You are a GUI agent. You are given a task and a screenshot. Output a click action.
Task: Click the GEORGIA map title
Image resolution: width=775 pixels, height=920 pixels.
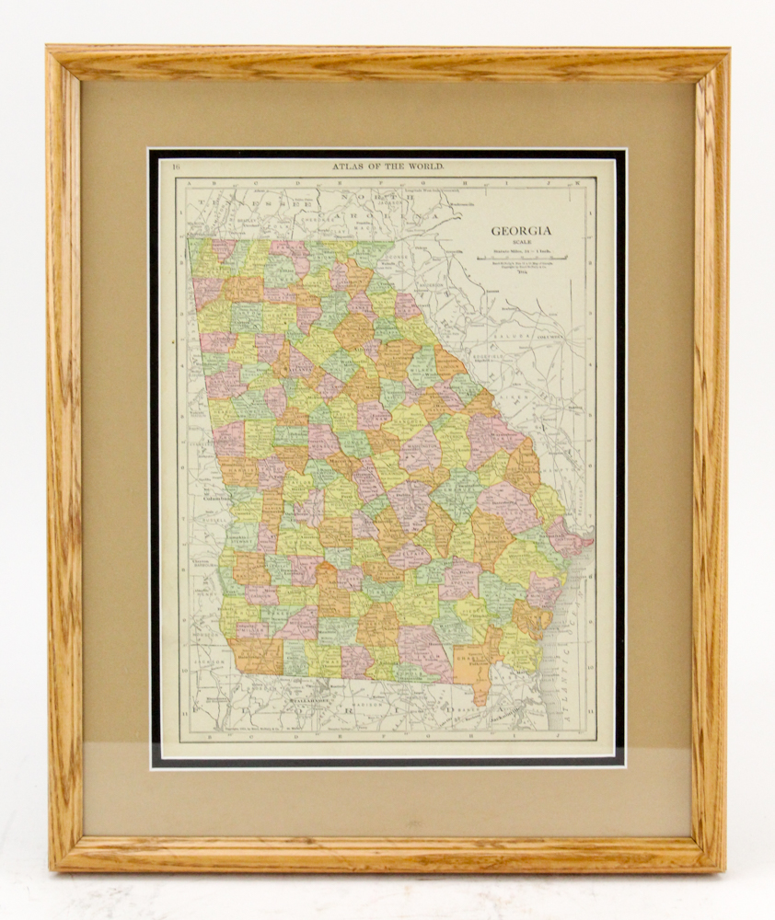521,232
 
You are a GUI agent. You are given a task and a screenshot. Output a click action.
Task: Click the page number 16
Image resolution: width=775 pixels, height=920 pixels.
176,167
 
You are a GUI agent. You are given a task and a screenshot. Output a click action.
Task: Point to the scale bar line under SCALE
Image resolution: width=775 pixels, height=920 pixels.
522,259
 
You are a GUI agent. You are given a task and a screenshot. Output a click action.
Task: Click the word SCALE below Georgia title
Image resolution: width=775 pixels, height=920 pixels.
521,244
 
